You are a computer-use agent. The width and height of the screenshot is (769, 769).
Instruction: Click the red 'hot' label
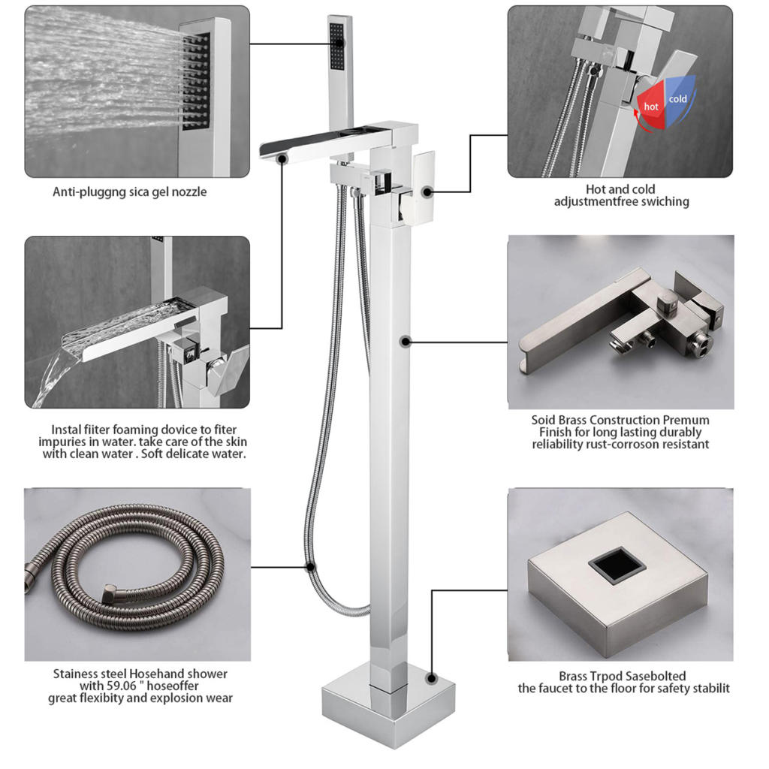[651, 107]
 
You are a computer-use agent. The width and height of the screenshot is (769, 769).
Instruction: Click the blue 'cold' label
[677, 98]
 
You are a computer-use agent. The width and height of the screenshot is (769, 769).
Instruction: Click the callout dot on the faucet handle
[427, 191]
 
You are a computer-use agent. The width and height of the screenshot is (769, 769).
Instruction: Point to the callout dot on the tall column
[406, 342]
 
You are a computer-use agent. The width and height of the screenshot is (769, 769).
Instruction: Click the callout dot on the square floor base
[431, 677]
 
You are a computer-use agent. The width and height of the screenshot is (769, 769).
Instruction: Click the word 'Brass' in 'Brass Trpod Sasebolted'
[574, 676]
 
